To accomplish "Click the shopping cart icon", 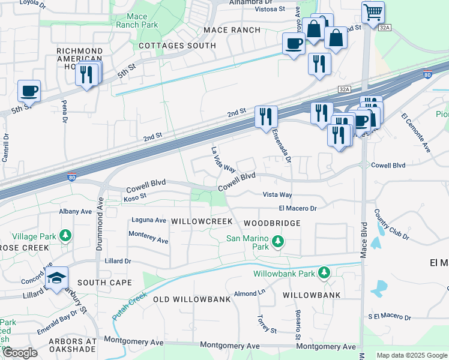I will click(x=373, y=13).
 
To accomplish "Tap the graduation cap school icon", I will click(x=56, y=278).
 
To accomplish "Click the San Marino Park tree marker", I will click(x=277, y=242).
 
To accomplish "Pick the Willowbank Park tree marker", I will click(x=324, y=274).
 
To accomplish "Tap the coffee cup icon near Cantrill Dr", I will click(x=29, y=92).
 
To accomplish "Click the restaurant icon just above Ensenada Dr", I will click(x=265, y=116).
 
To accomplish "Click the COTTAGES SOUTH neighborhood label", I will click(x=177, y=46).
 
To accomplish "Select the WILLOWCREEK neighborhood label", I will click(x=202, y=221).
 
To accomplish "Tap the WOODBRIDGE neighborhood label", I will click(x=272, y=223).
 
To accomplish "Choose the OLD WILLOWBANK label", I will click(x=192, y=299).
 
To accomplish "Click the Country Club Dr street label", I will click(x=391, y=224).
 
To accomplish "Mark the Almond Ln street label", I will click(x=250, y=293).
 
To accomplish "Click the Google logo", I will click(x=20, y=353).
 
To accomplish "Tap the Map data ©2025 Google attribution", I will click(x=411, y=355).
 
